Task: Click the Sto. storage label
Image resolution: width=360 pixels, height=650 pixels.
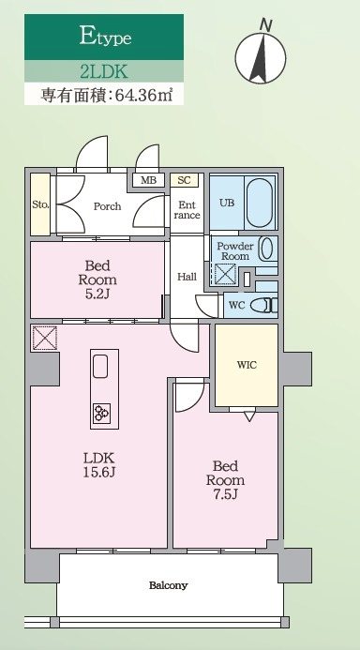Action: pyautogui.click(x=39, y=204)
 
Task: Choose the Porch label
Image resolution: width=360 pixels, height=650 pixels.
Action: pyautogui.click(x=106, y=206)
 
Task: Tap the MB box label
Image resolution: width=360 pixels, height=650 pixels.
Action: pyautogui.click(x=148, y=180)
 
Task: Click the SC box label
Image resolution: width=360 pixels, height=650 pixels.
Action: pyautogui.click(x=184, y=180)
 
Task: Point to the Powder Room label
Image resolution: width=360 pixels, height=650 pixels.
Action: pyautogui.click(x=233, y=250)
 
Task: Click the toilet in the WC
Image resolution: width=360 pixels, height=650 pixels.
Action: pyautogui.click(x=267, y=305)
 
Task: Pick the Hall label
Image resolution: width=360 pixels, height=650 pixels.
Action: pyautogui.click(x=187, y=277)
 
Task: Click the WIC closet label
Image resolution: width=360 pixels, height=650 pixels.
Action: pyautogui.click(x=247, y=365)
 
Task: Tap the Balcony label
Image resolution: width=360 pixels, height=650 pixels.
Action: pyautogui.click(x=169, y=585)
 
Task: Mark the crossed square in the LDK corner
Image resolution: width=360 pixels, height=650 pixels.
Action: pyautogui.click(x=43, y=336)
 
